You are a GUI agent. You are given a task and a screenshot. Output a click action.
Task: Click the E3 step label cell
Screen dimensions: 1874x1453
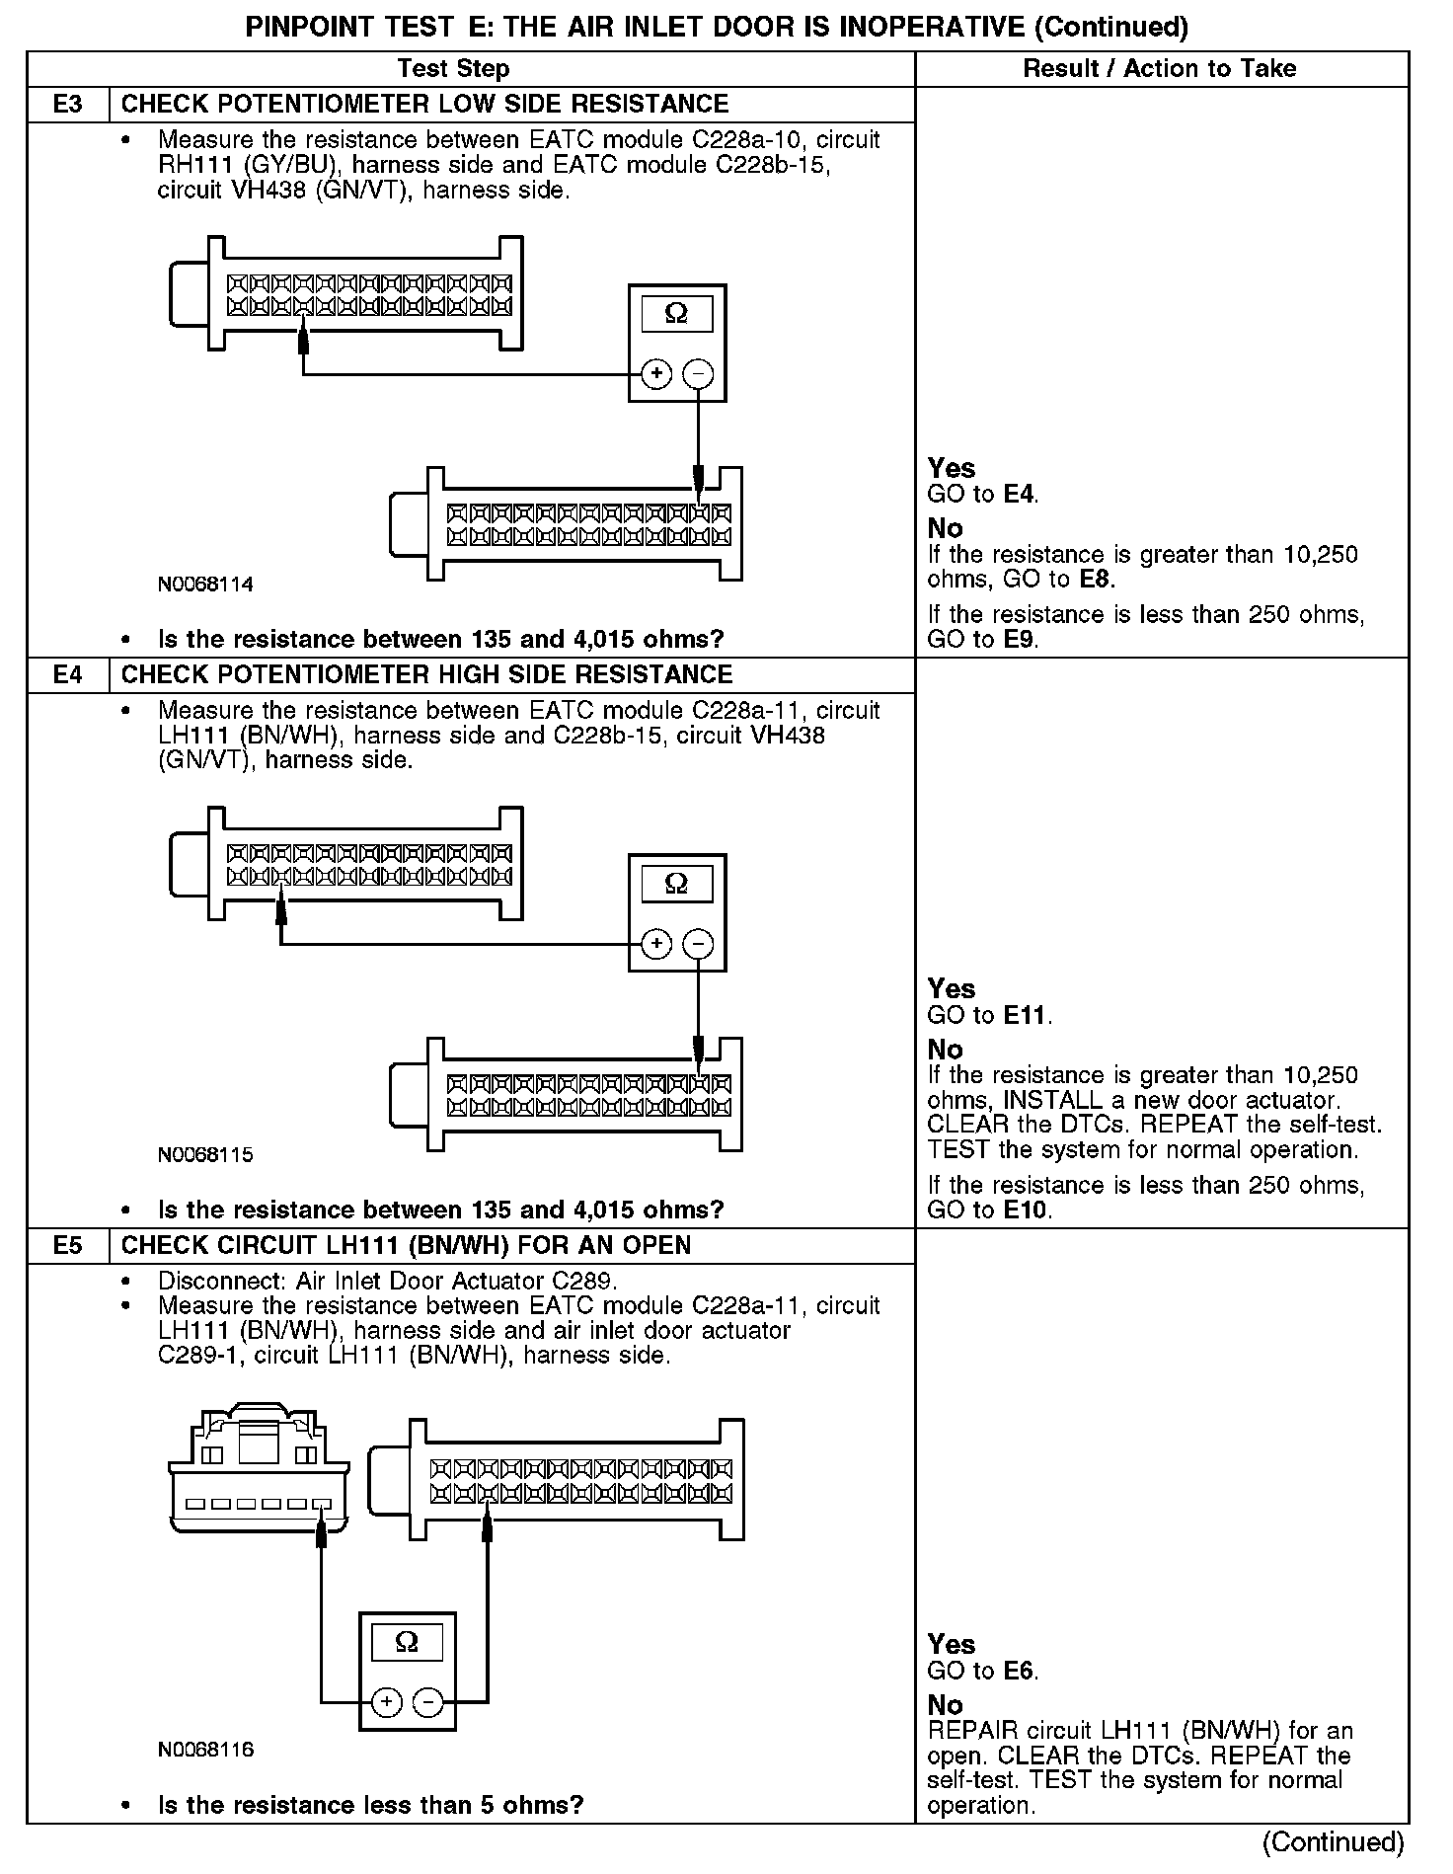click(67, 105)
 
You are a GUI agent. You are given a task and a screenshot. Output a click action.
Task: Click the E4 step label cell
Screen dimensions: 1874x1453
click(67, 675)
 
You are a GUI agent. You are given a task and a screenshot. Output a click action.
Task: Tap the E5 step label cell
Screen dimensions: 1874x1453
click(67, 1246)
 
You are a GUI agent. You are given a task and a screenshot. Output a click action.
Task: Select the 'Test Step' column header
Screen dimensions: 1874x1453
click(453, 69)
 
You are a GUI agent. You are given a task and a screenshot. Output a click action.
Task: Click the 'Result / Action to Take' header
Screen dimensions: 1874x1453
click(1160, 69)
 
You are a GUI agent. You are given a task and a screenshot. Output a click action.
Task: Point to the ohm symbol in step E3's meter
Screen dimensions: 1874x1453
click(676, 314)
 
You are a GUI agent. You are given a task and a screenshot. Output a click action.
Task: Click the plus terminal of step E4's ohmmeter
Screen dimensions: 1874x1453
click(656, 945)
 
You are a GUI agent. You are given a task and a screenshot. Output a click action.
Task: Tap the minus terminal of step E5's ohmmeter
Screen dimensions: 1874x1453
click(427, 1702)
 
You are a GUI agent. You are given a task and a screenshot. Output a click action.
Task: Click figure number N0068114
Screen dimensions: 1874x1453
click(205, 585)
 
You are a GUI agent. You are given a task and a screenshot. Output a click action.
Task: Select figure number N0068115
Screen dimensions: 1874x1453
click(205, 1154)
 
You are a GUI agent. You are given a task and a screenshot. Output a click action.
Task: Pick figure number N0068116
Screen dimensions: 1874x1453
click(205, 1750)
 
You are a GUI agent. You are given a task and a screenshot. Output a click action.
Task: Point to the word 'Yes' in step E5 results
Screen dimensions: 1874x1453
click(952, 1645)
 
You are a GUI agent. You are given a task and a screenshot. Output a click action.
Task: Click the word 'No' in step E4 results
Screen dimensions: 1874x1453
click(945, 1050)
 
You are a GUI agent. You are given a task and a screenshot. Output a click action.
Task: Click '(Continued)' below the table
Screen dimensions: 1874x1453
click(1333, 1842)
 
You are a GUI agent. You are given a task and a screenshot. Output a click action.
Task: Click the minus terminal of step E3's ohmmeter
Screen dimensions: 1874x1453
click(698, 374)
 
